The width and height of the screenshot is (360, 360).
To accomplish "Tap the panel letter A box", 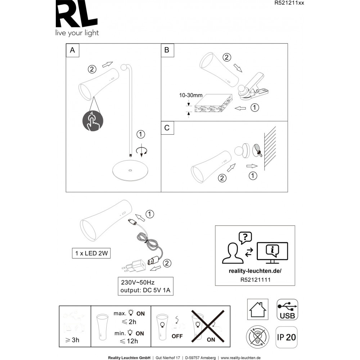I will tap(72, 50).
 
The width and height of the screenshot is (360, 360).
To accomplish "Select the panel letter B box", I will tap(167, 50).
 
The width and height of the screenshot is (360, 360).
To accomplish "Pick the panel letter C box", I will tap(167, 128).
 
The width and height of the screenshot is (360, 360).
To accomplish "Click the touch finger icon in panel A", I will tap(93, 121).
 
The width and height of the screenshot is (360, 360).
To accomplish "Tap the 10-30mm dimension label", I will tap(190, 96).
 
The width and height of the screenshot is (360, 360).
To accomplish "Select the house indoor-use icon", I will tap(258, 309).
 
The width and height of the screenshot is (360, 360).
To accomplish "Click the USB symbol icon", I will tap(287, 309).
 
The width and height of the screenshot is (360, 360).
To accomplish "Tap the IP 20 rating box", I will tap(287, 337).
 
